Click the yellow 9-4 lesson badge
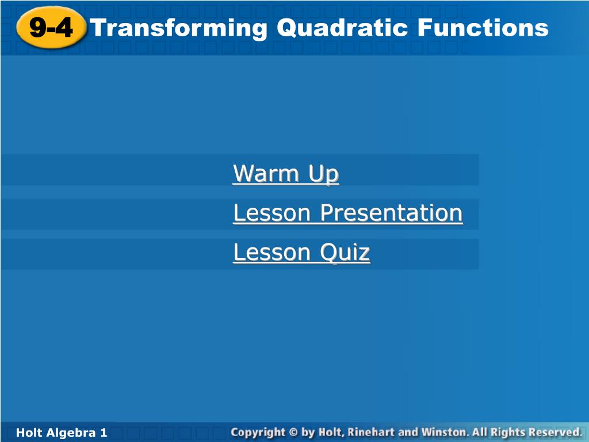(51, 28)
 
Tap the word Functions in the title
(483, 28)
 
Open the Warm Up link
(286, 174)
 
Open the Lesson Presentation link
(348, 213)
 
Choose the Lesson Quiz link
(301, 252)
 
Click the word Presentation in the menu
(391, 213)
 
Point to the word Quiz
(345, 252)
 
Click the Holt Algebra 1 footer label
(62, 433)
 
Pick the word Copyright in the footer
(258, 433)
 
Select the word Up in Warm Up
(324, 174)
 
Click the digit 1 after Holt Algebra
(104, 433)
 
